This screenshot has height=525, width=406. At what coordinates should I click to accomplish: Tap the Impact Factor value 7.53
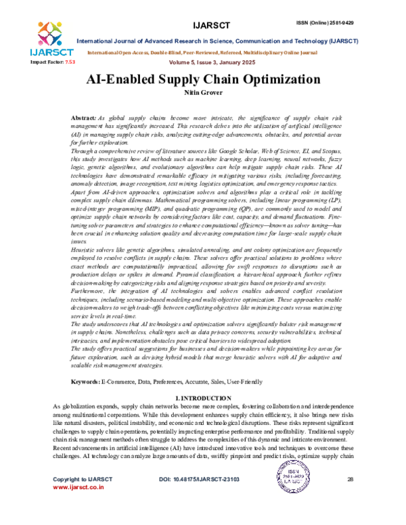click(x=69, y=62)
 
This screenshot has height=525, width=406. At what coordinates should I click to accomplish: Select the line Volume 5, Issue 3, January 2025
click(x=203, y=62)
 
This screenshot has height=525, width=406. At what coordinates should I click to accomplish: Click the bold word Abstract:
click(x=104, y=118)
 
